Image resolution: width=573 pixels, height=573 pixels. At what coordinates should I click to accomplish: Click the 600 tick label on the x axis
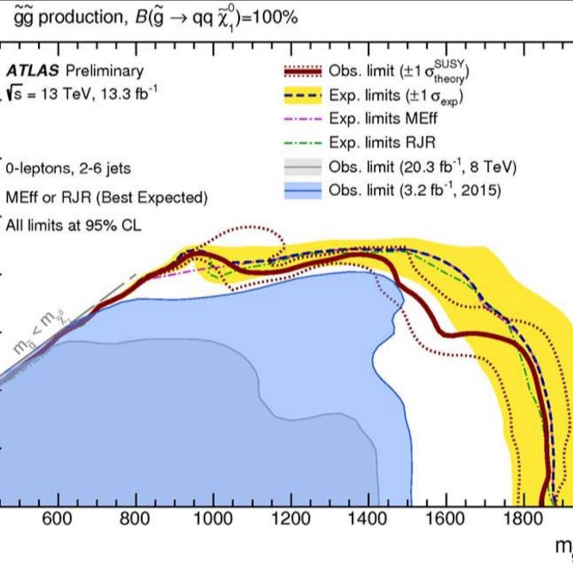[x=57, y=519]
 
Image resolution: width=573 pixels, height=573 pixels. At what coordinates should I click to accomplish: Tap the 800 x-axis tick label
[x=135, y=519]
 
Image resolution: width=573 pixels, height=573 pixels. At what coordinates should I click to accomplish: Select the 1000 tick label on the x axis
[x=213, y=519]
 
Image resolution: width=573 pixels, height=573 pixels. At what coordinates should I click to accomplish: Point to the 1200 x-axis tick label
[x=291, y=519]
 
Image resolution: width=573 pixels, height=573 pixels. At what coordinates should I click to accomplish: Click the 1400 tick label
[x=368, y=519]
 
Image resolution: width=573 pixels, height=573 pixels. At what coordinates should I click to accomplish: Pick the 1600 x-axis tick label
[x=445, y=519]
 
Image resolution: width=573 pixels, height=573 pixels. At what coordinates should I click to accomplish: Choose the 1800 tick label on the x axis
[x=523, y=519]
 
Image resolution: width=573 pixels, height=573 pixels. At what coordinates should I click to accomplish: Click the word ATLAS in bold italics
[x=33, y=71]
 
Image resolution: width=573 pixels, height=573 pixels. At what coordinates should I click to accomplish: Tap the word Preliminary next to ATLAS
[x=105, y=72]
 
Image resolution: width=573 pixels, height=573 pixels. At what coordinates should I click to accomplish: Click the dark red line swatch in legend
[x=303, y=72]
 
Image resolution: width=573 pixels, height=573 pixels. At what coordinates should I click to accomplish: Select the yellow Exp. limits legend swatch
[x=303, y=95]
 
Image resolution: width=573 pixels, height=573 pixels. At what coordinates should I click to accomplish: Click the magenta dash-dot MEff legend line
[x=303, y=119]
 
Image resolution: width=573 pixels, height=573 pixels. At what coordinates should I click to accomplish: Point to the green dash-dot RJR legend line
[x=303, y=143]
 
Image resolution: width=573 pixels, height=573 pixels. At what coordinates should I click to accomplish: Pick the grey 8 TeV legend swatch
[x=303, y=167]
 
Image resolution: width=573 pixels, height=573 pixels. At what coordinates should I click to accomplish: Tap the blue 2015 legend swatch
[x=303, y=191]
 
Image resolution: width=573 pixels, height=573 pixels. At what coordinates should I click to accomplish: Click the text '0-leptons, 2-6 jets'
[x=68, y=169]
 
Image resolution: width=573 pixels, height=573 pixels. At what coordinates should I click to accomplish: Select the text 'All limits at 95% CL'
[x=74, y=225]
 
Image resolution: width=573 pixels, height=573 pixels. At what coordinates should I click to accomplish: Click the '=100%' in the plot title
[x=270, y=18]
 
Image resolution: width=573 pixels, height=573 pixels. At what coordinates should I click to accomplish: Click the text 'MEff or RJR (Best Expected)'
[x=107, y=198]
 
